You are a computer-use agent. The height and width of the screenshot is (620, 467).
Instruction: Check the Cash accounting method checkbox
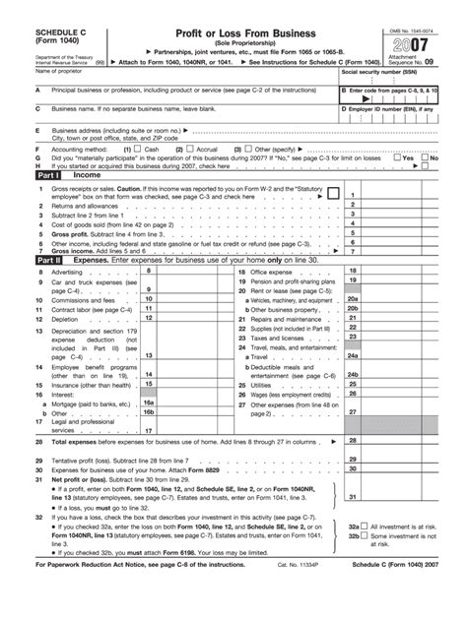[138, 149]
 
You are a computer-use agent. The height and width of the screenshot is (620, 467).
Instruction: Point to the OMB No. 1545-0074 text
[409, 11]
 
